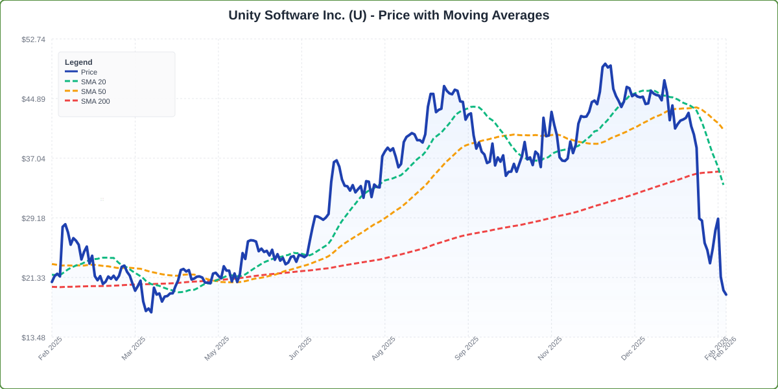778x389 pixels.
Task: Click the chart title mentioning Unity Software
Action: [x=388, y=15]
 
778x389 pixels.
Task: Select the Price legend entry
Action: [x=89, y=72]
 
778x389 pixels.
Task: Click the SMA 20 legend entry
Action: [x=93, y=82]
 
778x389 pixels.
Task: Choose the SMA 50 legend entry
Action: [x=93, y=91]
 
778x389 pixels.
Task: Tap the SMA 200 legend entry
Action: [x=95, y=101]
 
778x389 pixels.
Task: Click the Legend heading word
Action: [x=78, y=62]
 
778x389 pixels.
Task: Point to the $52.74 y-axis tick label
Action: [x=33, y=40]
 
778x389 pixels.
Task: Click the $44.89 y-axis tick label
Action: [x=33, y=99]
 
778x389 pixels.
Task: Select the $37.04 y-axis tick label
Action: [x=33, y=159]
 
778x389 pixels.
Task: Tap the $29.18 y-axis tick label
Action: [x=33, y=218]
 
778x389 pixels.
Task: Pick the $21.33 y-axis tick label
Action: [x=33, y=278]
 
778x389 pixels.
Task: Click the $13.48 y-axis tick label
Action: [x=33, y=338]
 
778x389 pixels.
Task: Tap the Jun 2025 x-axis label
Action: [x=301, y=349]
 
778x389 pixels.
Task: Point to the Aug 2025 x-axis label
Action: [x=384, y=349]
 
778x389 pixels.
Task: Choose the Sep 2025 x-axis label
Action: [x=467, y=349]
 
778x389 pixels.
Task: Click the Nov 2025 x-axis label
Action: [x=550, y=349]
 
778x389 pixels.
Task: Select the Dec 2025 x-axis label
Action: [x=634, y=349]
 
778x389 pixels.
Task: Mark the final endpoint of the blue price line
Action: [x=726, y=294]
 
